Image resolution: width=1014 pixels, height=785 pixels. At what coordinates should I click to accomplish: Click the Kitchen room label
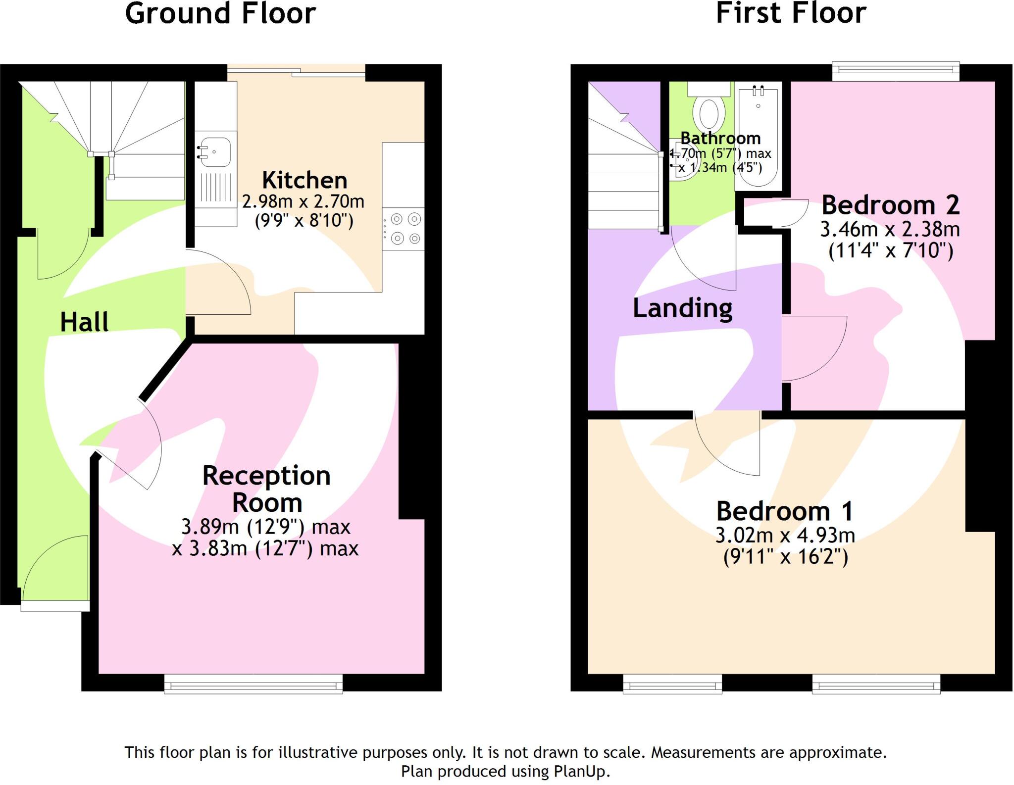[x=304, y=180]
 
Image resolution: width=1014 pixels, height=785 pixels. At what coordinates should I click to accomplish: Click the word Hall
[x=84, y=322]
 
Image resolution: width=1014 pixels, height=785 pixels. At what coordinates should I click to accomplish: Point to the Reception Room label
[x=266, y=489]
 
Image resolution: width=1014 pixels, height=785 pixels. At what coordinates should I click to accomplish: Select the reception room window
[x=253, y=685]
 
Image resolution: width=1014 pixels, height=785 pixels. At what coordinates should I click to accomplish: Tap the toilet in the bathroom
[x=709, y=112]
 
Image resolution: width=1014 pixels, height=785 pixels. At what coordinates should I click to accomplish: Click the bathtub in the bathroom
[x=758, y=139]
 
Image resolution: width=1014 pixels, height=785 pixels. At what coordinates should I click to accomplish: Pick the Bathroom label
[x=720, y=138]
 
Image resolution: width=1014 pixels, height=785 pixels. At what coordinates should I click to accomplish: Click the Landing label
[x=683, y=308]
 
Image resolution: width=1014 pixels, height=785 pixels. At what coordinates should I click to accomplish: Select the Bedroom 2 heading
[x=890, y=205]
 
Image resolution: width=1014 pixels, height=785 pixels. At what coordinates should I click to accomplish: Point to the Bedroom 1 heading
[x=785, y=511]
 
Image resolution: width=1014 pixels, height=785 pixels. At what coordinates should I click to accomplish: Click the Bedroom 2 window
[x=895, y=71]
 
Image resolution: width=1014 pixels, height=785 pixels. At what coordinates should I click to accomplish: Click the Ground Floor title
[x=220, y=13]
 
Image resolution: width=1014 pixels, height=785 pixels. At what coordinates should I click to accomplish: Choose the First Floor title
[x=791, y=13]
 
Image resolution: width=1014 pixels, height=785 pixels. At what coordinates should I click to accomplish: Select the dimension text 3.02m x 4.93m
[x=785, y=535]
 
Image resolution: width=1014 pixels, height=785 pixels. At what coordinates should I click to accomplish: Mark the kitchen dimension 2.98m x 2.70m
[x=303, y=201]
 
